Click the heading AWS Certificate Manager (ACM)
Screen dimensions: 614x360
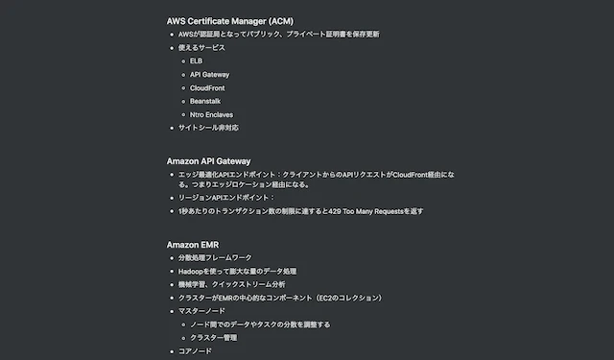point(230,21)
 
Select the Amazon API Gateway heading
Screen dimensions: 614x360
point(208,161)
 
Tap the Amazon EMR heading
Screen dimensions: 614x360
point(193,245)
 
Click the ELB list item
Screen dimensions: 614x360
point(196,61)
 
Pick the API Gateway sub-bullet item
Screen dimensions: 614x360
point(209,75)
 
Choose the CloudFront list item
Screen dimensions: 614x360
point(207,88)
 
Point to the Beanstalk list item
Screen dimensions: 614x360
point(205,101)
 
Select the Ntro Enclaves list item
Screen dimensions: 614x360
point(211,115)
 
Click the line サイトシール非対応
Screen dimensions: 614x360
point(208,128)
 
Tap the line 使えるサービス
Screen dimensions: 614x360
point(201,48)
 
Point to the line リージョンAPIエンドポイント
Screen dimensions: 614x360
point(226,198)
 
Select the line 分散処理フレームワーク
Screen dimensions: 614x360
point(215,257)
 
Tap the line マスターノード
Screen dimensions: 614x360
point(201,311)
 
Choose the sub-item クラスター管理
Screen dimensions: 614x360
point(213,338)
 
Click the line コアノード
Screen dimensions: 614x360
point(195,351)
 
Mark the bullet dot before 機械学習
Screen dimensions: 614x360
point(172,285)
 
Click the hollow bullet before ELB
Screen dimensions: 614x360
point(183,61)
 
